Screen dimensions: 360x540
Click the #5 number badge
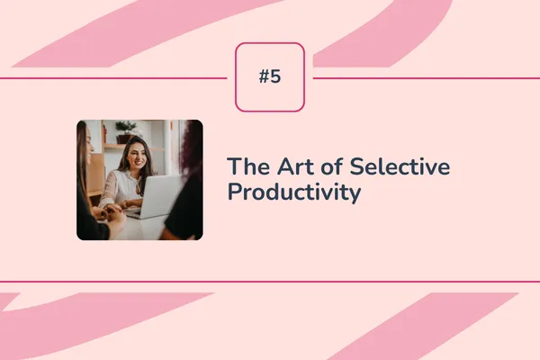coord(270,77)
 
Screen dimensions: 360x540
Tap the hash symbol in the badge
coord(264,77)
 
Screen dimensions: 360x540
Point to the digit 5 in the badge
coord(275,77)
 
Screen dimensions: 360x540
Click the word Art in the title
coord(278,166)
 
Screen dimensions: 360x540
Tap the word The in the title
coord(244,166)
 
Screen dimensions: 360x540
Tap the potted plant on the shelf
coord(125,130)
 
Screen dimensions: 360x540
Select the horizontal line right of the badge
coord(423,78)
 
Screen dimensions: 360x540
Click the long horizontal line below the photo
coord(270,282)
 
